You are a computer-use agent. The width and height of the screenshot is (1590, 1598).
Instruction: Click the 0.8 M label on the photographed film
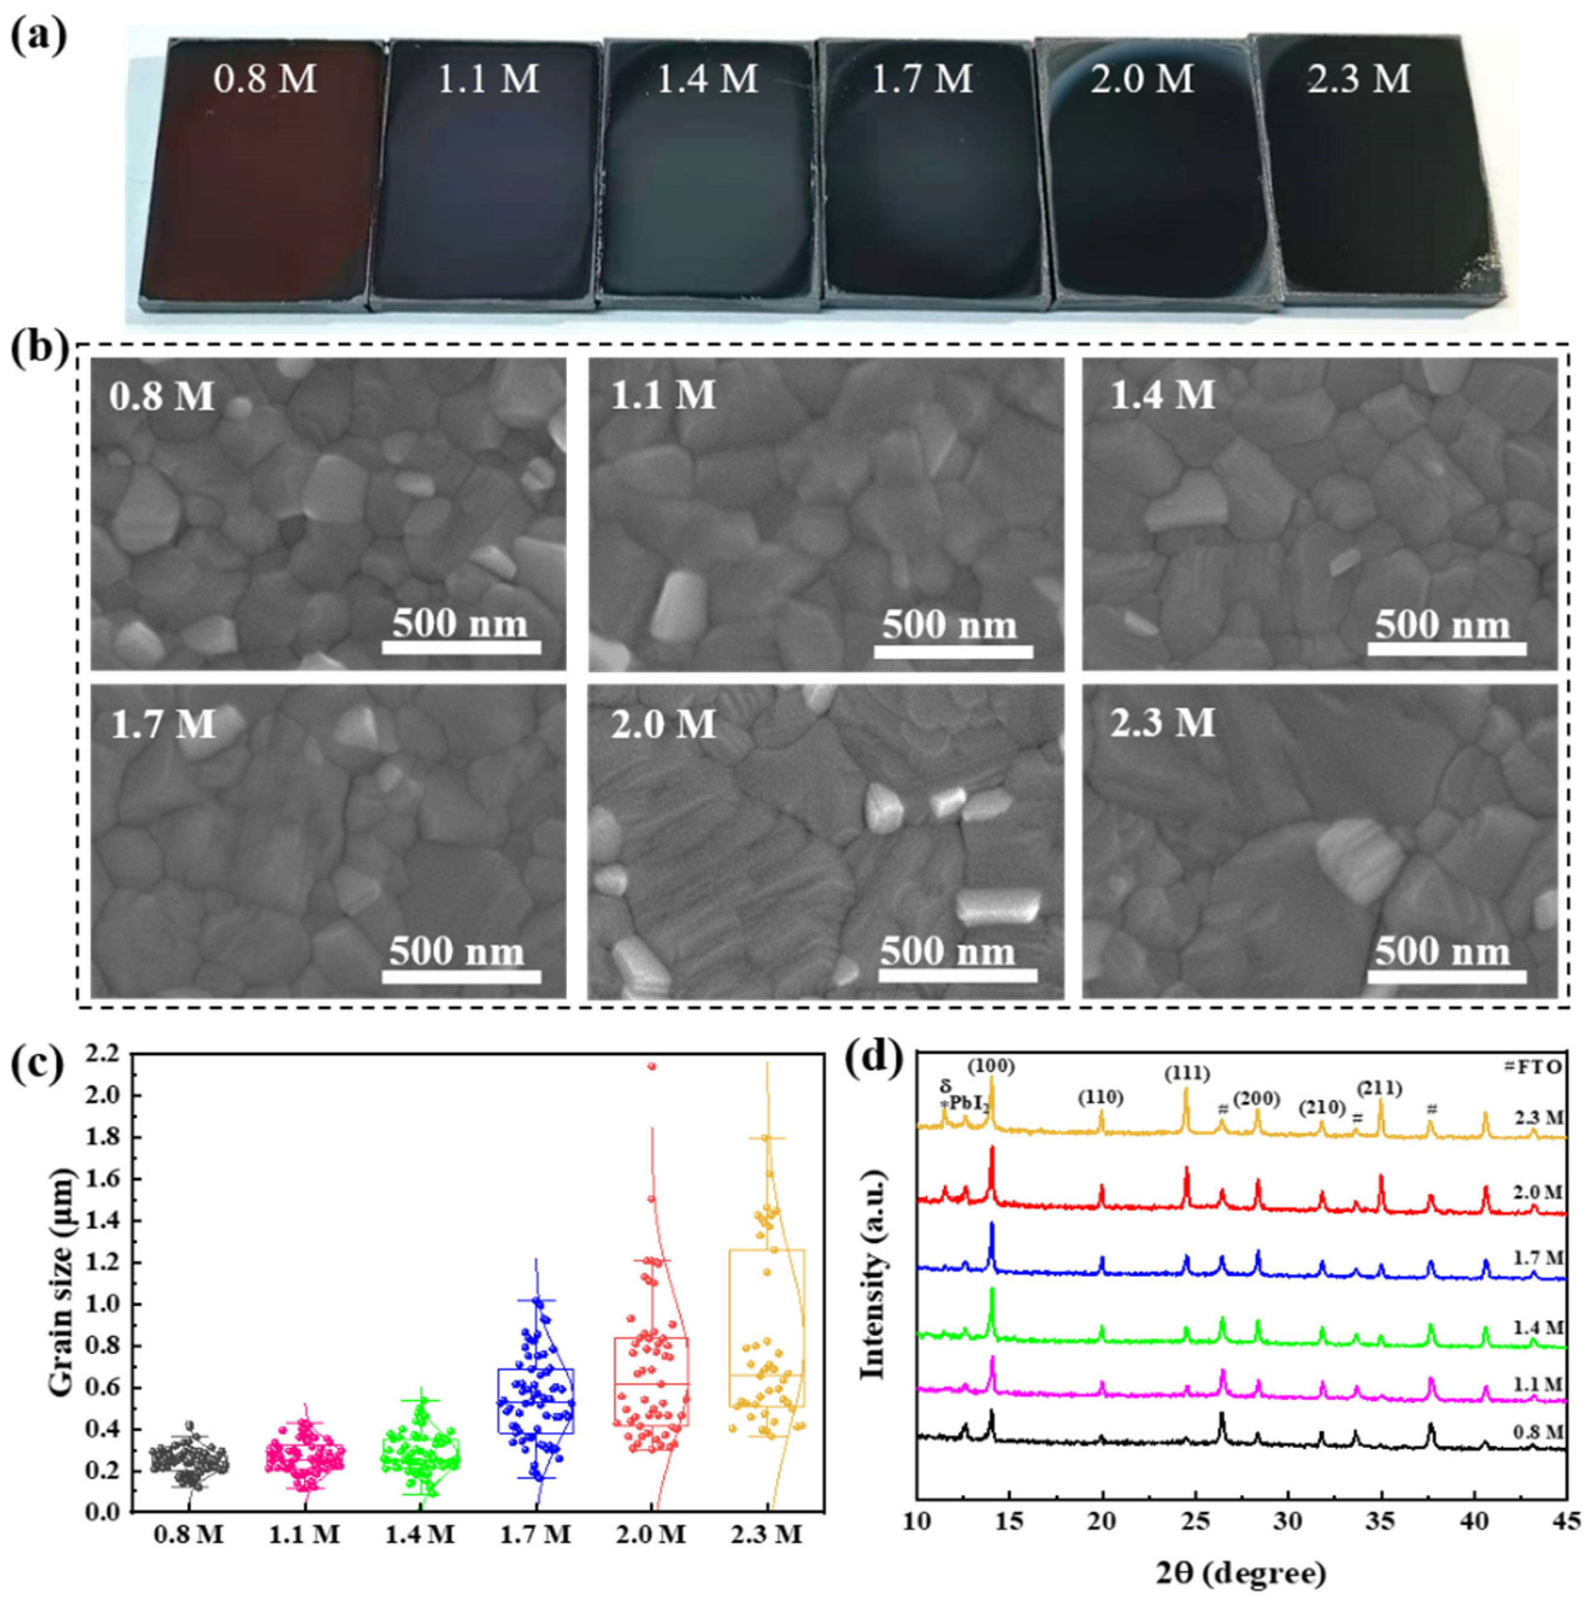click(264, 80)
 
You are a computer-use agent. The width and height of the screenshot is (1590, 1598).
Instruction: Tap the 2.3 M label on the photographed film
click(1359, 80)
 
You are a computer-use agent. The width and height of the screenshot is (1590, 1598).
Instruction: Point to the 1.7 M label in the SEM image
click(163, 724)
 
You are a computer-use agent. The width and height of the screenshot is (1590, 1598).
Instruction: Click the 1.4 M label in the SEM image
click(1162, 395)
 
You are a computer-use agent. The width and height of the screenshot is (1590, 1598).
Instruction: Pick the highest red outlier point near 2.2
click(652, 1066)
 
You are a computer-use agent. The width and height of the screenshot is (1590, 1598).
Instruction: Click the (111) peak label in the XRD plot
click(1186, 1074)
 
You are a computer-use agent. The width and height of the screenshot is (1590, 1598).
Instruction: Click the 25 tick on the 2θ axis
click(1194, 1520)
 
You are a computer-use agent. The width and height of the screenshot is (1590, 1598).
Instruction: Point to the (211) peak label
click(1379, 1088)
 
